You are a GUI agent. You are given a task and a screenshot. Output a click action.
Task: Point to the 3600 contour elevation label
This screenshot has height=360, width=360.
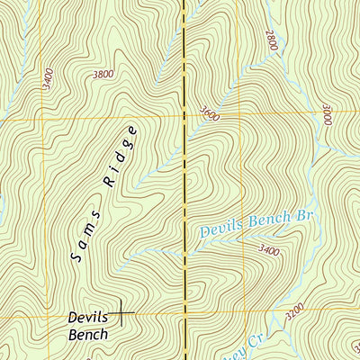[210, 114]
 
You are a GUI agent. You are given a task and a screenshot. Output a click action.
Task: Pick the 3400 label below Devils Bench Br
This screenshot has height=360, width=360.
[268, 249]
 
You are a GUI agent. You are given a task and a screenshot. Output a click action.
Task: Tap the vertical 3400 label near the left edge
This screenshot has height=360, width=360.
[48, 81]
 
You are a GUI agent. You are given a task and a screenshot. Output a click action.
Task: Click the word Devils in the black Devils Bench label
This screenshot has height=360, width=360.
[87, 318]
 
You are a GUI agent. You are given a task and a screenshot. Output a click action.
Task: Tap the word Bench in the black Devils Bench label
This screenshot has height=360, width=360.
[87, 335]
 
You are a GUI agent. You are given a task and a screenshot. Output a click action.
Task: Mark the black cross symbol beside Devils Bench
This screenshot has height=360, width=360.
[121, 312]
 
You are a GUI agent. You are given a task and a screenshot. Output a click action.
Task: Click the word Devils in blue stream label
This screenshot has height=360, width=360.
[219, 230]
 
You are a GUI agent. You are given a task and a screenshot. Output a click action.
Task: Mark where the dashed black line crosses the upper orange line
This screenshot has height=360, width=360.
[185, 117]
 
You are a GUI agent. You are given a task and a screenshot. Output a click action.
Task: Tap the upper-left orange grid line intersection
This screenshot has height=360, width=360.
[41, 118]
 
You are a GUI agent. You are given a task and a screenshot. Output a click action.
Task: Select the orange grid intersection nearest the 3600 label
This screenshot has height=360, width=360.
[185, 117]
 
